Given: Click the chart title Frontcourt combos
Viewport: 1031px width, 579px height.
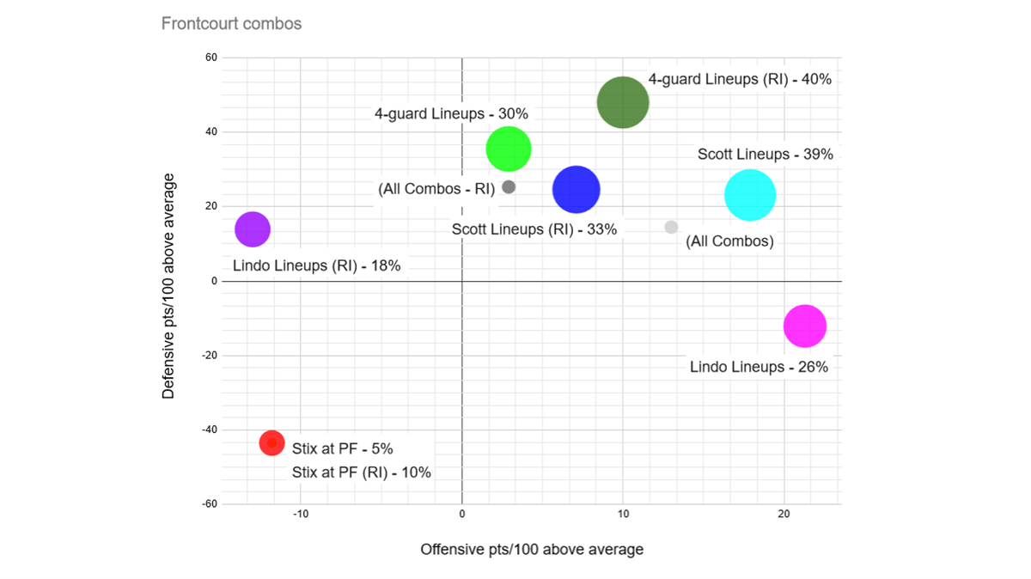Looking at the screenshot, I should pos(231,23).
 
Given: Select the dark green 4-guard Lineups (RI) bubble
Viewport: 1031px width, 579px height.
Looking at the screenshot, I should pos(623,102).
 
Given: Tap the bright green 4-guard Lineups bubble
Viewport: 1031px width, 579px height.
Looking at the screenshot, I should pos(509,149).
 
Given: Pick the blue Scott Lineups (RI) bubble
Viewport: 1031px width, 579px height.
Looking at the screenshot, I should pos(576,190).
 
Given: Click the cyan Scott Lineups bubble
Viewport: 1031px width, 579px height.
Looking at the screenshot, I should pos(750,195).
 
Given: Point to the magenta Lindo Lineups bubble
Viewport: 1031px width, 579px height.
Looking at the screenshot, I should pos(805,326).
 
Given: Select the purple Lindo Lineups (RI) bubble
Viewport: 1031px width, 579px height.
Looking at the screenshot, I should pos(253,229).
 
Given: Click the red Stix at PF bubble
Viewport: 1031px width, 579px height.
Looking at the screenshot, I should pos(271,443).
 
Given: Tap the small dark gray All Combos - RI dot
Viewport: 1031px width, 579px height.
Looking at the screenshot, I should pos(509,187).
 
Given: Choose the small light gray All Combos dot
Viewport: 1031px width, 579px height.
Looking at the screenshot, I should pos(671,228).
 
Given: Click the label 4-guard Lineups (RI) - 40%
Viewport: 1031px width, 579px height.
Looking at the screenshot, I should pos(740,79).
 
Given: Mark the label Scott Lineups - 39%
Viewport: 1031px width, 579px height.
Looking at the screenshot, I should pos(765,155).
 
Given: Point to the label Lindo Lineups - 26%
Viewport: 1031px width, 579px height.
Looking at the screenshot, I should pos(759,367).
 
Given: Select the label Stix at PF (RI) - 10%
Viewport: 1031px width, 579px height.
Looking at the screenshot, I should pos(361,472).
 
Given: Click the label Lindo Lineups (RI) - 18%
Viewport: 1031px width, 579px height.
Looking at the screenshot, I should pos(316,265).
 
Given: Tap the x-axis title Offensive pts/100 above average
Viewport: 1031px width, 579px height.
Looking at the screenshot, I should pos(531,549).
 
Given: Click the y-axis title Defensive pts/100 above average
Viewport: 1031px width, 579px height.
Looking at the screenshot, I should pos(168,286).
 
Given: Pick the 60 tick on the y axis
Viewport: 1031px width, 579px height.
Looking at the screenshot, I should pos(210,58).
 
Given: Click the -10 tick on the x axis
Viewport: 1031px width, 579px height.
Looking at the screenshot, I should pos(301,514).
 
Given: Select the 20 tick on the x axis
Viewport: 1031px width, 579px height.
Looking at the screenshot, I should pos(784,514).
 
